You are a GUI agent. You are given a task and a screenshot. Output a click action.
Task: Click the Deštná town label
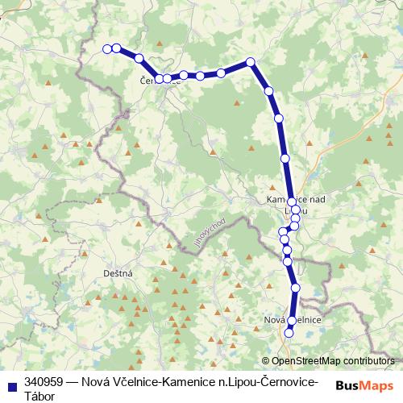[118, 273]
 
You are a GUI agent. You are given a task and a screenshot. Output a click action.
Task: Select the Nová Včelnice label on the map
[293, 321]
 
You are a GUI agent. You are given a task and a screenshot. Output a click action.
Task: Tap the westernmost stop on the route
[107, 48]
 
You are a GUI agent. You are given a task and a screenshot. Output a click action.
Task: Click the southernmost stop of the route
[289, 333]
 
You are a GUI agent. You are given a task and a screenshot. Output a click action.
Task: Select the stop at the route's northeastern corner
[251, 62]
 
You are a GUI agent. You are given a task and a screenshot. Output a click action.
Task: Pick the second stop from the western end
[117, 48]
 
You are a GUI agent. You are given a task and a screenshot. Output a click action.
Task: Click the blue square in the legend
[11, 383]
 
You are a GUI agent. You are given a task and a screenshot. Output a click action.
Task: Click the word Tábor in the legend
[42, 396]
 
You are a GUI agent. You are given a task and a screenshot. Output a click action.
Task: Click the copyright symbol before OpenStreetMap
[266, 361]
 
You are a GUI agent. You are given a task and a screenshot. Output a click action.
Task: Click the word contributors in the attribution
[368, 361]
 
